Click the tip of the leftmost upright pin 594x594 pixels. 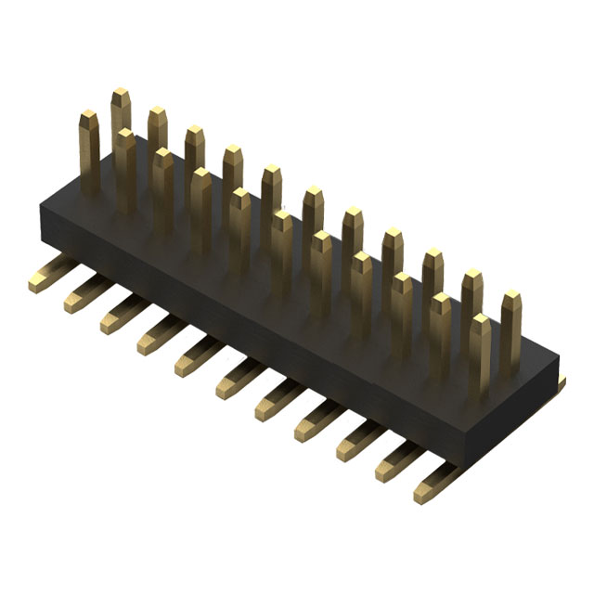88,119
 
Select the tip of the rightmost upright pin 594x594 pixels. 511,300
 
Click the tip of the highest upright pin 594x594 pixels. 121,96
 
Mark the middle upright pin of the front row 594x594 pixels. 280,251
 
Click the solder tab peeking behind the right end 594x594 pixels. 562,380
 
